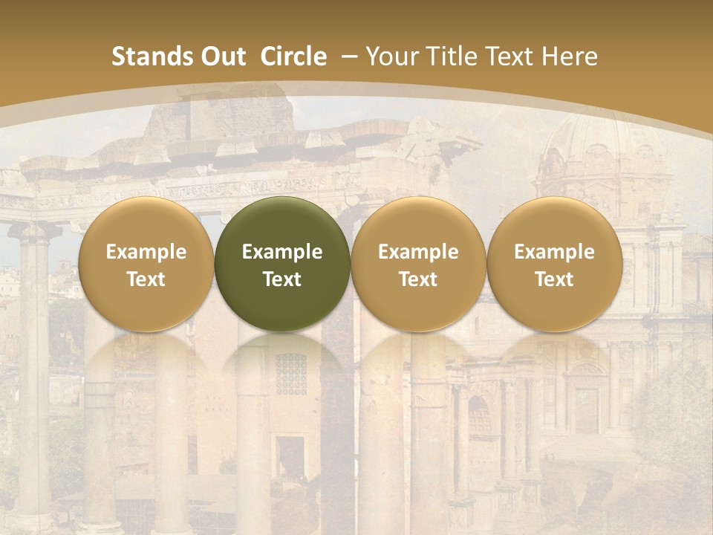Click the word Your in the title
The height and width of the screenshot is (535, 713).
391,56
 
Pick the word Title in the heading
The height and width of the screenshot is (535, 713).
448,56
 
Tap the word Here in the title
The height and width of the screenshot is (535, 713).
571,56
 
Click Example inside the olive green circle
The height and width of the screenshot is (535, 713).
282,252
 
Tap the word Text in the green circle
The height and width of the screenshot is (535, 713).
282,279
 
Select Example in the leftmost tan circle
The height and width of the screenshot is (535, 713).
146,252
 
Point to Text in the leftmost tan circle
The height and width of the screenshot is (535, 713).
146,279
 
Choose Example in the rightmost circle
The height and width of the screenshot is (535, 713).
554,252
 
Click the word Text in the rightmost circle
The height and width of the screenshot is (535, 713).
554,279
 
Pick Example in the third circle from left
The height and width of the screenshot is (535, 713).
418,252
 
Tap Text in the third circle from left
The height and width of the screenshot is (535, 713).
418,279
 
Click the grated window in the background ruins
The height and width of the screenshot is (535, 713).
290,374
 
